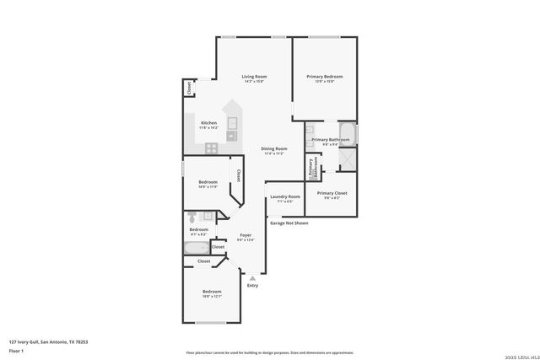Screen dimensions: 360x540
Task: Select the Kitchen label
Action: point(208,124)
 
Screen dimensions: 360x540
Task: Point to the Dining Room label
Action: point(274,150)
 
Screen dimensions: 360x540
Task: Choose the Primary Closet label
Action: point(332,194)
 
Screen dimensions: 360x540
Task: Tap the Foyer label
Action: point(246,236)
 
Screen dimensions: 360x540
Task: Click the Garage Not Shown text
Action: point(289,223)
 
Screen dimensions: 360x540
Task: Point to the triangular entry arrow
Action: point(251,277)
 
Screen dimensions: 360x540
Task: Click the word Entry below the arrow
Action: point(252,286)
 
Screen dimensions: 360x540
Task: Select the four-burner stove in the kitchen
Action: point(211,148)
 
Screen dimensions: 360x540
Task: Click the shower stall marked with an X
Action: point(348,159)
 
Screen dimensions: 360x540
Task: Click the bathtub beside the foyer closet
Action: point(196,248)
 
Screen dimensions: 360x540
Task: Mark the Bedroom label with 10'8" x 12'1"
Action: point(212,293)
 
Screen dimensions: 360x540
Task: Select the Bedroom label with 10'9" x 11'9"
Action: point(208,184)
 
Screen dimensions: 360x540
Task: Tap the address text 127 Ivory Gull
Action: point(48,341)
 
